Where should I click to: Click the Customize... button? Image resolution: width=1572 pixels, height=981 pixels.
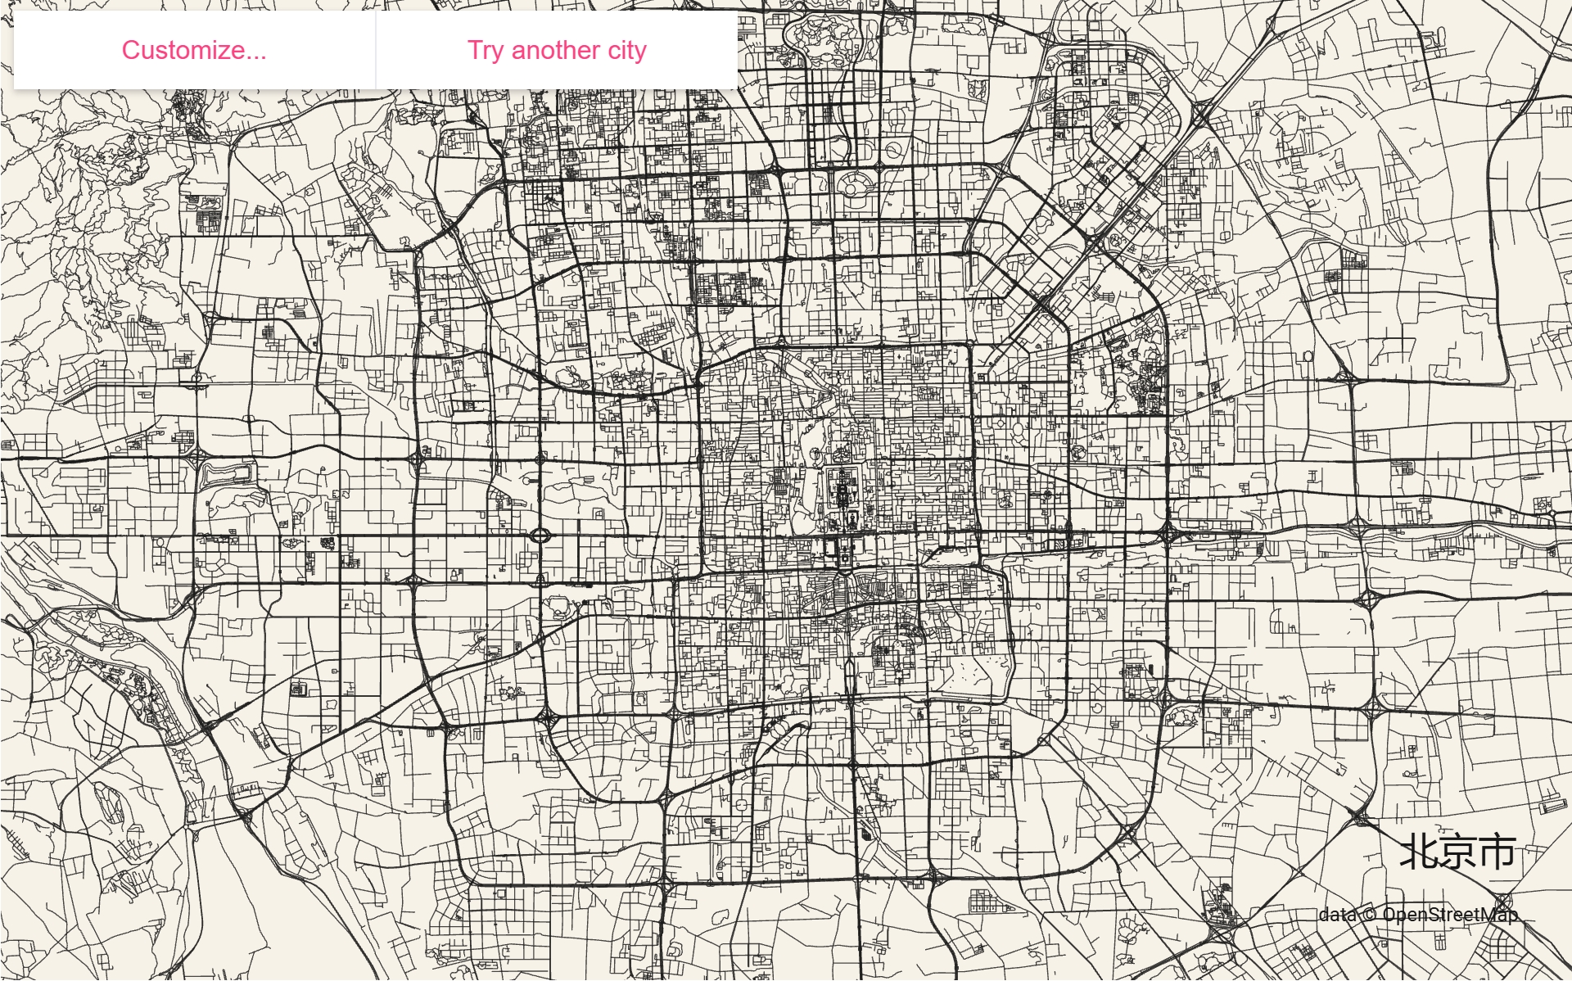point(194,50)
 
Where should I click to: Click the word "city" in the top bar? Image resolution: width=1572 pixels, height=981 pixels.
point(627,51)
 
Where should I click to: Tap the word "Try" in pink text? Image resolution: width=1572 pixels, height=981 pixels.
point(486,51)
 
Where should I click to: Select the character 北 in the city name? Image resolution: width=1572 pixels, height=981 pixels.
point(1420,852)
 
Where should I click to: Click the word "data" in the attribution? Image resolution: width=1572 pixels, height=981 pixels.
point(1337,915)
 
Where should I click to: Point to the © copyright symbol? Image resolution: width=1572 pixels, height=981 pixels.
point(1369,915)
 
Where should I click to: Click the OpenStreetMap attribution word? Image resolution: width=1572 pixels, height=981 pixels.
point(1449,915)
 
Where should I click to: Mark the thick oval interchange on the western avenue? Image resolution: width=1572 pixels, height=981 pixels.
point(540,536)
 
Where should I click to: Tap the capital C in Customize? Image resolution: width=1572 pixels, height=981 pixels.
point(132,50)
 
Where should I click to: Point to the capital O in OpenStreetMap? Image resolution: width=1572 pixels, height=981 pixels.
point(1390,915)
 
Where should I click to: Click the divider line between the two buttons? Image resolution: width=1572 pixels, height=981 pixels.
point(376,50)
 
